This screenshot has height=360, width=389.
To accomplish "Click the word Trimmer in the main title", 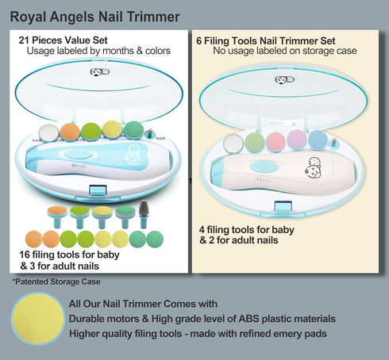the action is [153, 17].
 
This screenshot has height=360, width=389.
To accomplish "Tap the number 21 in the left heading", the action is [24, 40].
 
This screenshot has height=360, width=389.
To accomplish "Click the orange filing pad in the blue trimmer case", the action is [70, 132].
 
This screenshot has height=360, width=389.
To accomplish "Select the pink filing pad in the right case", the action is [275, 141].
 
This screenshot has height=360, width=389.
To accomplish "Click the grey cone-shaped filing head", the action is [143, 208].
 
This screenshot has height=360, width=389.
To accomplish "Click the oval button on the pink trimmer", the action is [264, 167].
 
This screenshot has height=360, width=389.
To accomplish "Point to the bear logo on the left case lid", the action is [99, 72].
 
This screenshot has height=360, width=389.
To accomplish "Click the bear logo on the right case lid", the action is [284, 79].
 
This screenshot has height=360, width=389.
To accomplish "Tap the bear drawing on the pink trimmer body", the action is [314, 167].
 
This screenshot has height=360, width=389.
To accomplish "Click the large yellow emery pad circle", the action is [37, 320].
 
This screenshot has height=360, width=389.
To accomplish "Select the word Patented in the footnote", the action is [32, 281].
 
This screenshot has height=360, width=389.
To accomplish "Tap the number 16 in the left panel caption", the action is [25, 255].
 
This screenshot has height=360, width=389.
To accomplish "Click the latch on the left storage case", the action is [98, 190].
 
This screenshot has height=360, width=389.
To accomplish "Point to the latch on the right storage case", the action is [283, 206].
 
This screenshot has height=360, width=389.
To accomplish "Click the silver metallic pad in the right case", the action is [233, 144].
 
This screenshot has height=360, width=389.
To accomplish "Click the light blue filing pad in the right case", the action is [318, 140].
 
